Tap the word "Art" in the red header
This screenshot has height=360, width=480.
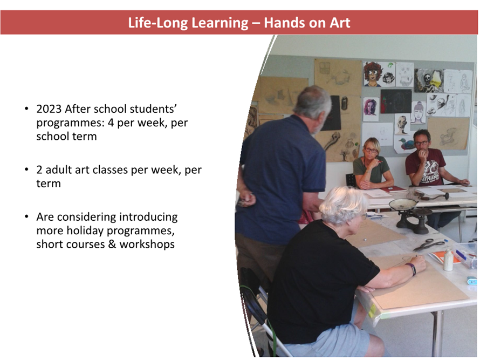pos(340,23)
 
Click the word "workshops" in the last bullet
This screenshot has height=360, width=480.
pos(147,244)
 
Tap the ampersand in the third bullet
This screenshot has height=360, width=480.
pos(112,244)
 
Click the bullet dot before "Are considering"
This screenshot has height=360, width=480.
pos(26,217)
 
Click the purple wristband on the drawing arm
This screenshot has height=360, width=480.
pos(412,269)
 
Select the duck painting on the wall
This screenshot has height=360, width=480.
pos(406,144)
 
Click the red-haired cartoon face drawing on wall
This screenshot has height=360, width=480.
pos(373,73)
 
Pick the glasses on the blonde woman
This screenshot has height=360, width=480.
pos(371,150)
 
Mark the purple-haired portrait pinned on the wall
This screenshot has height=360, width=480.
pos(371,109)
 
